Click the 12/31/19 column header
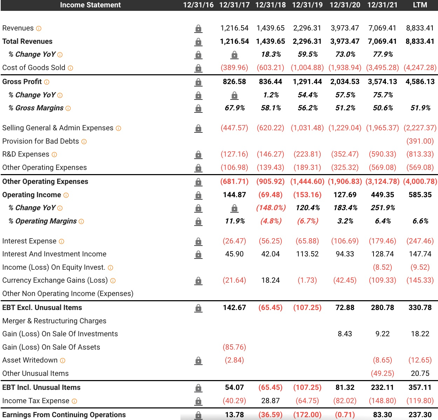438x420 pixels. [x=307, y=5]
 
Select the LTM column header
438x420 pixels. [x=420, y=5]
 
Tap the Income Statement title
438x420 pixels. [x=90, y=5]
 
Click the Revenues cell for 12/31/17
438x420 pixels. [x=234, y=28]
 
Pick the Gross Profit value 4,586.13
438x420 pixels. [x=420, y=82]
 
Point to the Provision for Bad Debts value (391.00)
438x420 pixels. [x=420, y=141]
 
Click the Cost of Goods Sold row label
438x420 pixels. [x=34, y=68]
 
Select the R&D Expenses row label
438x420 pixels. [x=26, y=154]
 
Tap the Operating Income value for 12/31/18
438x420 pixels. [x=271, y=195]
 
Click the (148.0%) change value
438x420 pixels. [x=271, y=208]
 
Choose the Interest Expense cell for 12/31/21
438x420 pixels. [x=382, y=241]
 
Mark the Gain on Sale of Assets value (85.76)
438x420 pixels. [x=234, y=347]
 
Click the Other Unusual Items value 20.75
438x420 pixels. [x=420, y=373]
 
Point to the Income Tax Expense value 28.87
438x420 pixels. [x=271, y=401]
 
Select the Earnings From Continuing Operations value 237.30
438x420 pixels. [x=420, y=415]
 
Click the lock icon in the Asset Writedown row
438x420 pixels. [x=198, y=360]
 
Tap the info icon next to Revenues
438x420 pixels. [x=39, y=28]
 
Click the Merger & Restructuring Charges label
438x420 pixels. [x=54, y=321]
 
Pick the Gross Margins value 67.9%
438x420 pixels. [x=234, y=108]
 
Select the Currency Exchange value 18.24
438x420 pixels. [x=271, y=280]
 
